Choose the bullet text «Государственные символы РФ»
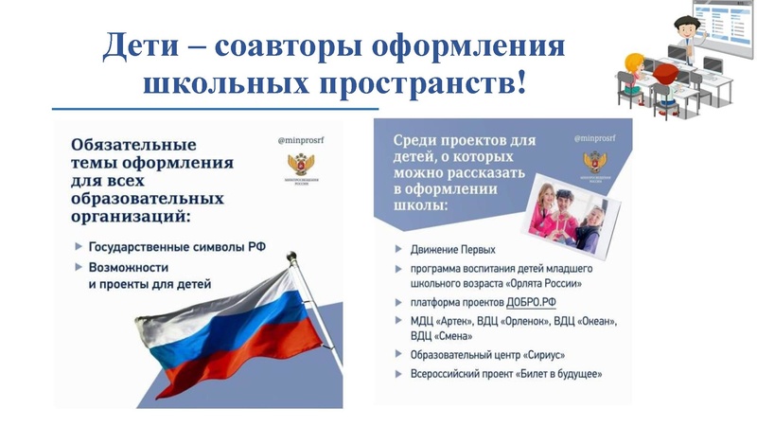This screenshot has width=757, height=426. pos(177,246)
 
